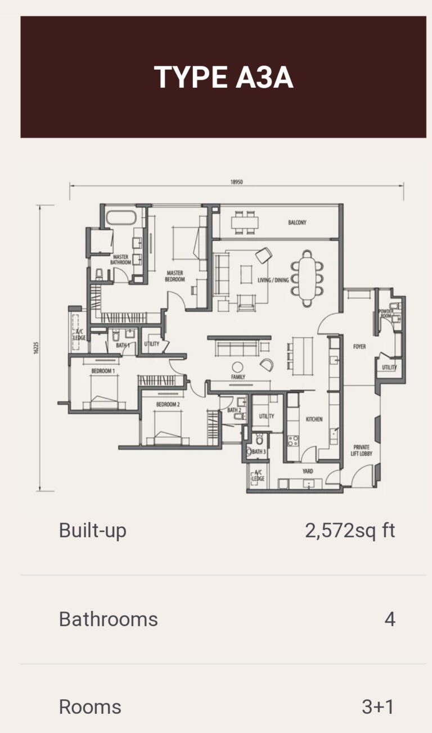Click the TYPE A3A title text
click(223, 78)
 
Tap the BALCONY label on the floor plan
click(297, 223)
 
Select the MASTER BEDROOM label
click(175, 276)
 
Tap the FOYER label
click(359, 347)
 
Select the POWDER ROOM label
click(386, 313)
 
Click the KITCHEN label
click(314, 419)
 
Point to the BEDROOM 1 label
click(103, 372)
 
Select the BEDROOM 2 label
click(168, 405)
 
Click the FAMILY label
click(238, 377)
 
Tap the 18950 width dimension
click(236, 182)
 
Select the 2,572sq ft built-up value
click(350, 530)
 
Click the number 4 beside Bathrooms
click(390, 619)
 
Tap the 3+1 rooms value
click(378, 707)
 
